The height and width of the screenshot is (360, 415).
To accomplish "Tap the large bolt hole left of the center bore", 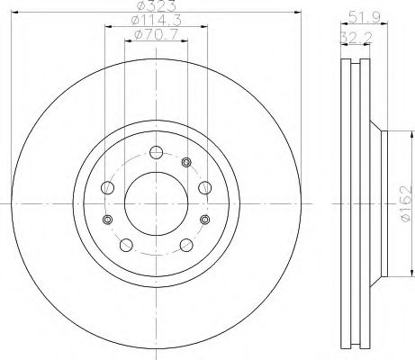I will (x=109, y=188).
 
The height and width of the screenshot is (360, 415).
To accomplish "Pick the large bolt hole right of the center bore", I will (x=202, y=188).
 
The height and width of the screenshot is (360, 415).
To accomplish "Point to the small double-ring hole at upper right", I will (x=186, y=162).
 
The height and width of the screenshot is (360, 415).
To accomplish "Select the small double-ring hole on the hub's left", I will (x=107, y=220).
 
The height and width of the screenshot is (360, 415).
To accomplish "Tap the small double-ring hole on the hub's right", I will (x=203, y=220).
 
